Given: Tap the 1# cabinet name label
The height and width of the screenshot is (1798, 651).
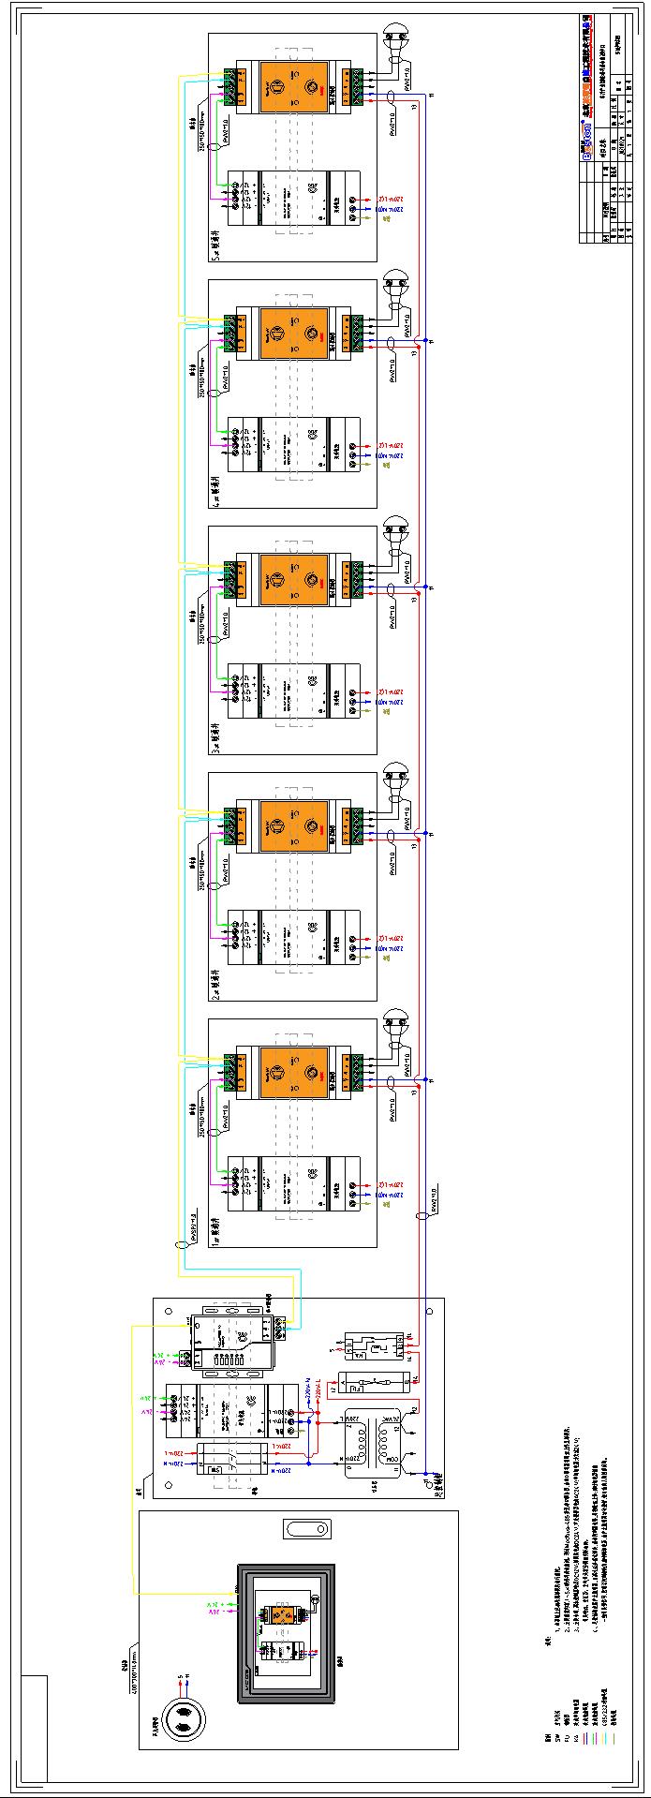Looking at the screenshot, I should (x=215, y=1223).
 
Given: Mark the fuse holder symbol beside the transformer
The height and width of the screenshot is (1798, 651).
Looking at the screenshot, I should (x=375, y=1381).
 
